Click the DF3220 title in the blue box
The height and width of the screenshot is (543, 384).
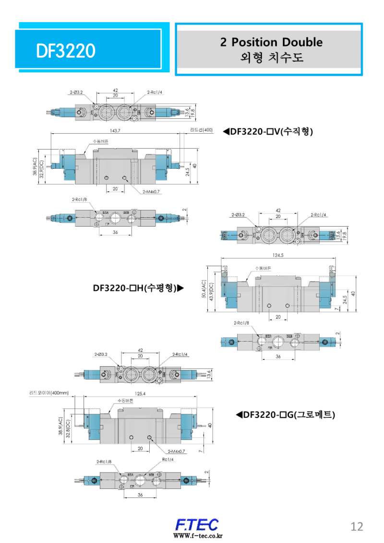point(66,50)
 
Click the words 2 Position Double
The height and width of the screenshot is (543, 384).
point(271,42)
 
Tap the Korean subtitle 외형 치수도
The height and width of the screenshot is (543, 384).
point(271,58)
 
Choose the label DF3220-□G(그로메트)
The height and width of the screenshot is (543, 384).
point(285,414)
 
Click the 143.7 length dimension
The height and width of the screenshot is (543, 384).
point(115,131)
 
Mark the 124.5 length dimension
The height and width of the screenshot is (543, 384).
point(277,255)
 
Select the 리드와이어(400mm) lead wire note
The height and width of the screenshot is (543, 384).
point(49,393)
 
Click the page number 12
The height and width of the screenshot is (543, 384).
point(357,527)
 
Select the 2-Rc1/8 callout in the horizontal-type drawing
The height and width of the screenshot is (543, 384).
point(241,323)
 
